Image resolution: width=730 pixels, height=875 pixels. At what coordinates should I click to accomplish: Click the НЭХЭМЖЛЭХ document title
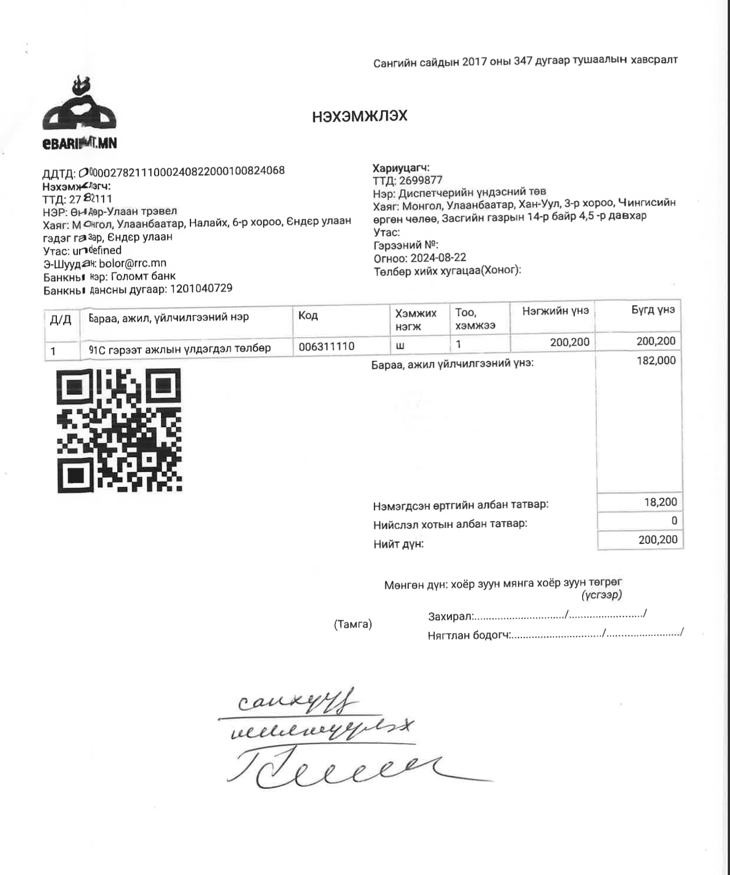coord(359,116)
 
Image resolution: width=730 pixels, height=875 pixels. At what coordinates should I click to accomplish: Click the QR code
coord(119,430)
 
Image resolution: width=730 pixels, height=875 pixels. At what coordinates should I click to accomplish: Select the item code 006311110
coord(326,346)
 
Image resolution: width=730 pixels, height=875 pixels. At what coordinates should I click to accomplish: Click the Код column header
coord(308,315)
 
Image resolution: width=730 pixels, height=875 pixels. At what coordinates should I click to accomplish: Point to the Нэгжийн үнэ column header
coord(555,311)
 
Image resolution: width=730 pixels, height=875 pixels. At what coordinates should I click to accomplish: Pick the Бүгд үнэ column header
coord(653,310)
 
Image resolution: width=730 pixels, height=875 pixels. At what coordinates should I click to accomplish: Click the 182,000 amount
coord(656,360)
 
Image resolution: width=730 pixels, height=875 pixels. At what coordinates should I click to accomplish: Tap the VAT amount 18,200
coord(660,502)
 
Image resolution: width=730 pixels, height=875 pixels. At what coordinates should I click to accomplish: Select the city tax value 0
coord(674,520)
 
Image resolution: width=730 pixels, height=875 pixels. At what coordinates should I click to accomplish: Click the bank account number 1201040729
coord(201,289)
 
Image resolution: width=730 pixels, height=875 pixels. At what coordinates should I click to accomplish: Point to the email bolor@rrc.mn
coord(132,263)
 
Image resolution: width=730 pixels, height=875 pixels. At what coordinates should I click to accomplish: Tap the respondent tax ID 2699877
coord(421,181)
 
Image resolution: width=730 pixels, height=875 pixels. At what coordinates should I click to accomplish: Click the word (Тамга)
coord(353,624)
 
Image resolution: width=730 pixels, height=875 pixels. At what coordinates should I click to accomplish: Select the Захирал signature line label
coord(450,616)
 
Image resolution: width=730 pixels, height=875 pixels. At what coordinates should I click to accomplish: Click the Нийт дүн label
coord(399,544)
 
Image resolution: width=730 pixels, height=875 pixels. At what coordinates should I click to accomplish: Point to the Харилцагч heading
coord(401,168)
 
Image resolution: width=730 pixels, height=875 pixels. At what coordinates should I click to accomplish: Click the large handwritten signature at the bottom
coord(341,767)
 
